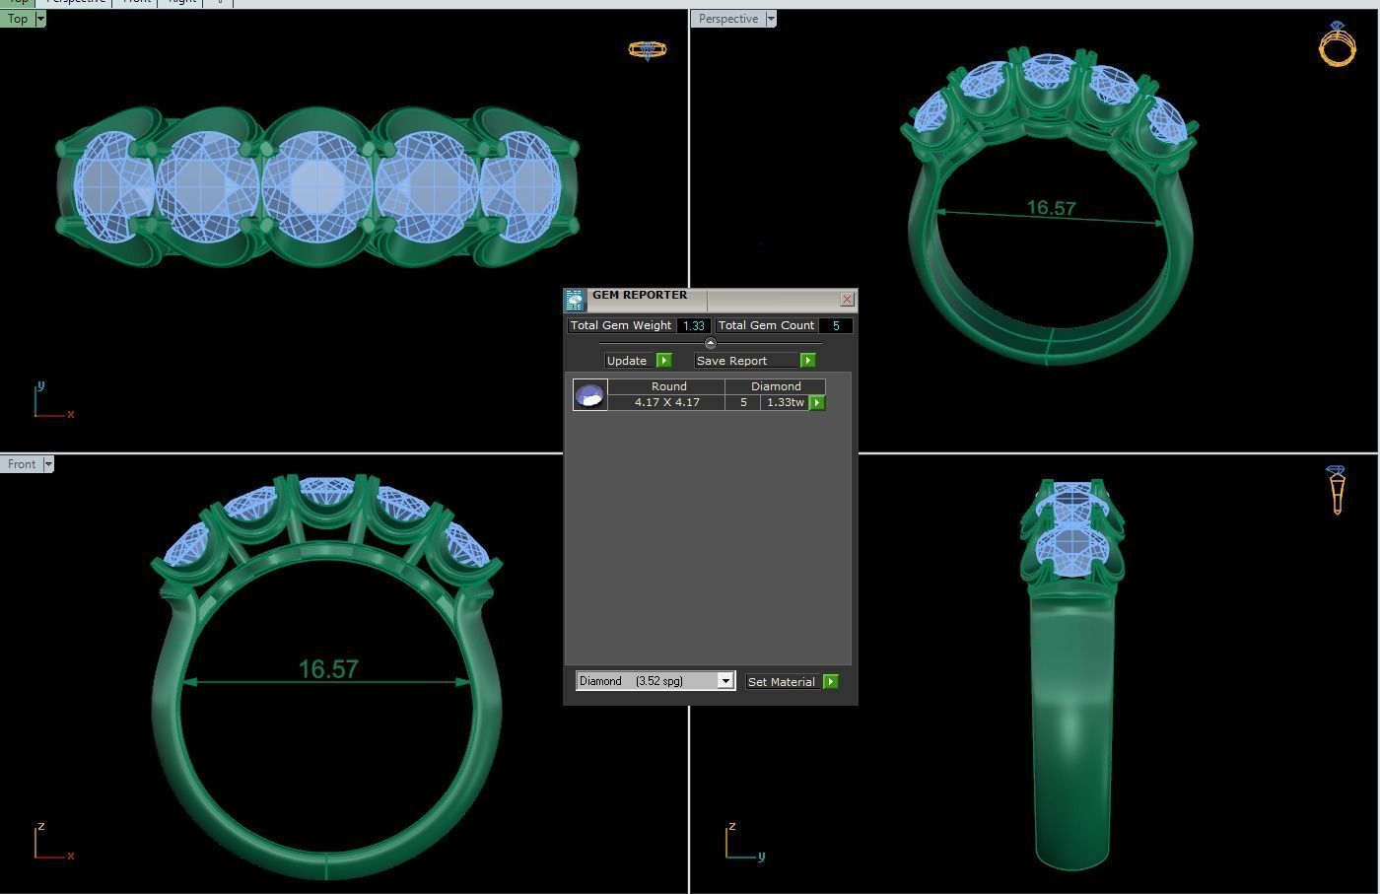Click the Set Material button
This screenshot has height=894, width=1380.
point(792,682)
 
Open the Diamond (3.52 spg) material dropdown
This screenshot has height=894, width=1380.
point(725,681)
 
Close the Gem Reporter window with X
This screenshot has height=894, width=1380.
point(847,299)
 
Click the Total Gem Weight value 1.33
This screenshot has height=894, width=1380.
point(694,325)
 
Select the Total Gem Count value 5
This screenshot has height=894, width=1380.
point(836,325)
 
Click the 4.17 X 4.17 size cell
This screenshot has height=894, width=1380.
point(667,402)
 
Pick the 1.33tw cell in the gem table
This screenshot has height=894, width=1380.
point(785,402)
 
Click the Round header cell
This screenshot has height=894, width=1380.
point(668,386)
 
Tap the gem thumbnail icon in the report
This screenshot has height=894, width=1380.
point(589,395)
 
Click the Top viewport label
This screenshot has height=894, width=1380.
point(18,19)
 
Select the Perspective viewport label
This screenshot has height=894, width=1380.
point(728,19)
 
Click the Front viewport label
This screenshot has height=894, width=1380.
point(22,464)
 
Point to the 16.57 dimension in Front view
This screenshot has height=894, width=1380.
point(327,670)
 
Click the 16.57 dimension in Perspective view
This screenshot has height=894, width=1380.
point(1051,208)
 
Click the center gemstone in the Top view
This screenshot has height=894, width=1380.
point(317,184)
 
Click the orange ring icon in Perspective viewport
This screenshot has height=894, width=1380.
point(1338,44)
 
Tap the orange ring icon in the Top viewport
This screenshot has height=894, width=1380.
point(648,49)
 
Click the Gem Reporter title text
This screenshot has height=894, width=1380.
point(640,295)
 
